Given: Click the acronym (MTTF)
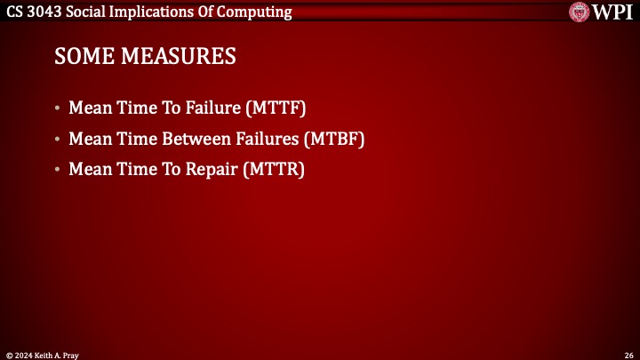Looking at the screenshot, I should (274, 109).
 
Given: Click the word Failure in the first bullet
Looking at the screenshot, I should (210, 109).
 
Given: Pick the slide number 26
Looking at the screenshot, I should (627, 353).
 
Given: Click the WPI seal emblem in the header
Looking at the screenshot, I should (582, 12).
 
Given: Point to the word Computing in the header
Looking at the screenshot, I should (255, 11).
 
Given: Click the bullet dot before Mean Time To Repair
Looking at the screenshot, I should (59, 170).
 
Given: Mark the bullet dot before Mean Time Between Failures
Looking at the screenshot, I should (59, 140).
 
